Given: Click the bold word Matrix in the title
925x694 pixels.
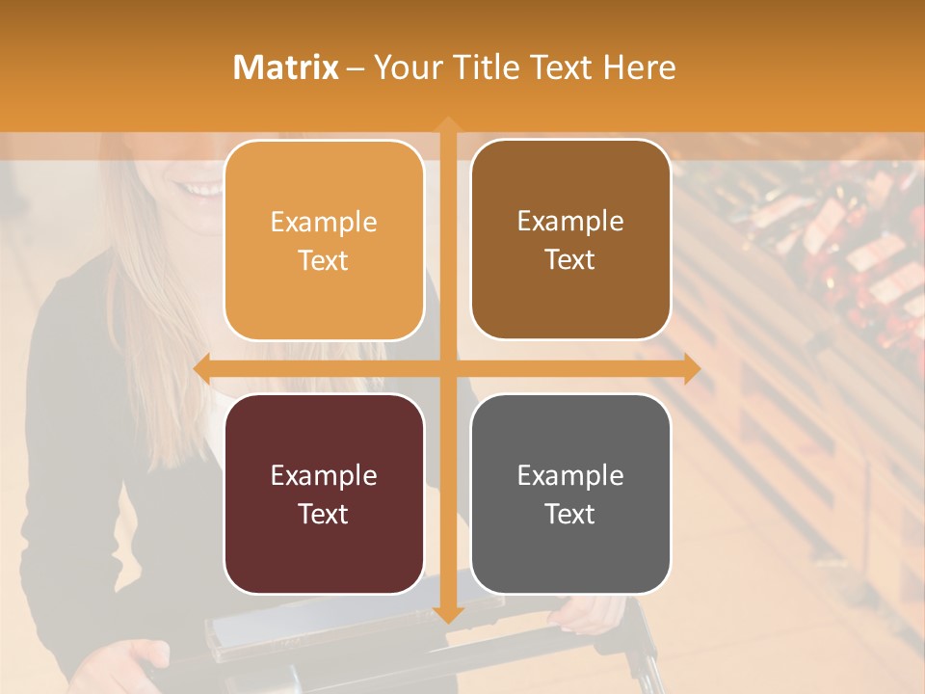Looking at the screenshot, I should (286, 67).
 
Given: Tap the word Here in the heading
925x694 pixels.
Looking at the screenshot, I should (639, 67).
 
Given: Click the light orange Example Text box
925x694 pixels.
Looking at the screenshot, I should (324, 240).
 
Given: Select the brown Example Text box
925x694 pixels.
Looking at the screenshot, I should (570, 240).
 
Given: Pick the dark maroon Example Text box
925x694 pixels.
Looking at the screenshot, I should (324, 494).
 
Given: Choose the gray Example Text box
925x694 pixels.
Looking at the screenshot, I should (570, 494).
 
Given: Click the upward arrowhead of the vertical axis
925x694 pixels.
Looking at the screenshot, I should (447, 124).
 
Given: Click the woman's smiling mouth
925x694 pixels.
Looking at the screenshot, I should (204, 190).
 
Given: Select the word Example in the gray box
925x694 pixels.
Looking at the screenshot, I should (570, 475).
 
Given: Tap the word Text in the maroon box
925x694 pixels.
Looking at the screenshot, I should (324, 514).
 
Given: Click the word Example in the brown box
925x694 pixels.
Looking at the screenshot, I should (570, 222).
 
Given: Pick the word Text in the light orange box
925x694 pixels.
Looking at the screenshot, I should (324, 260).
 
